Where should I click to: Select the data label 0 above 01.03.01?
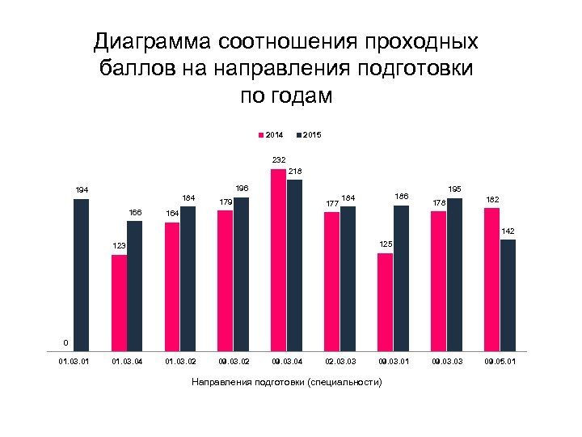point(65,341)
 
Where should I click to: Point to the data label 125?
point(386,244)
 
